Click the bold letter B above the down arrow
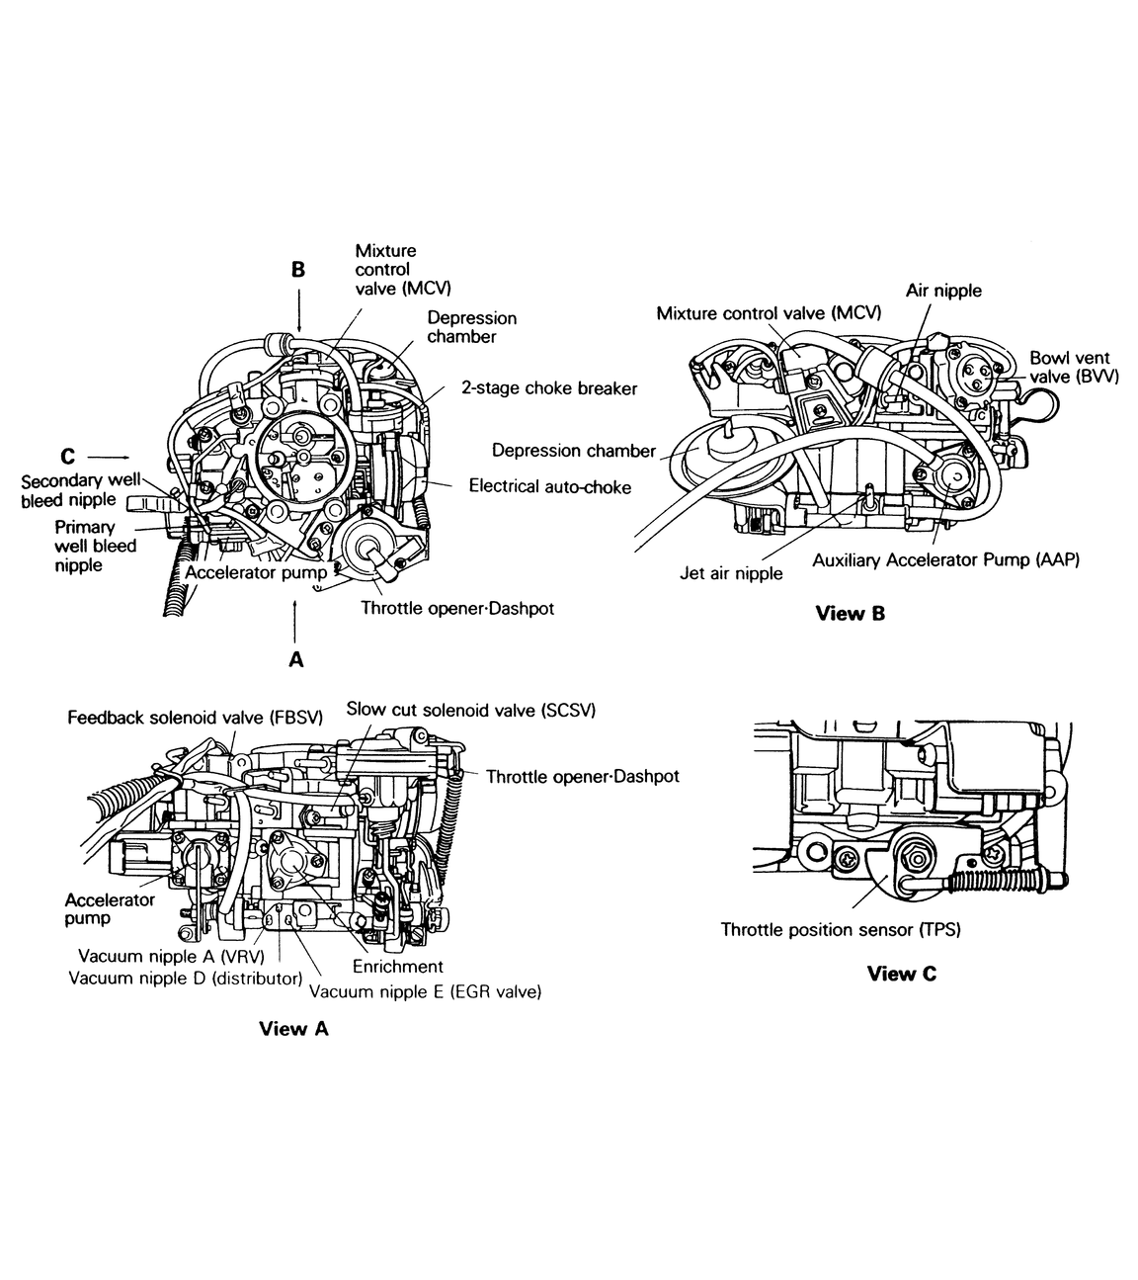pos(298,270)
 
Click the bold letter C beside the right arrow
pos(67,456)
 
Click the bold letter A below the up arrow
pos(296,659)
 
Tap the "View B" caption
pos(850,613)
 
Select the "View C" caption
pos(901,974)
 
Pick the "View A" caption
pos(293,1029)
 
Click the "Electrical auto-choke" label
pos(549,486)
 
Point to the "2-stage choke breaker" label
pos(549,387)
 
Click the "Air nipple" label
pos(943,291)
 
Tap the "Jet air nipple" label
pos(731,573)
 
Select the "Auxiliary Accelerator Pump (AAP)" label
pos(945,560)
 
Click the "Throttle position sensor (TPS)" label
pos(841,930)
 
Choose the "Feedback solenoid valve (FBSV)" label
pos(196,718)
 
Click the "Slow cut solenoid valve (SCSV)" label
pos(470,710)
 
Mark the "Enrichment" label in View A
pos(398,967)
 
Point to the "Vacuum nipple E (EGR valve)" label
pos(425,992)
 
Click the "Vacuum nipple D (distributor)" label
pos(185,978)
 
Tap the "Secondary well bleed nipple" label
pos(80,490)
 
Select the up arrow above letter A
pos(295,623)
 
